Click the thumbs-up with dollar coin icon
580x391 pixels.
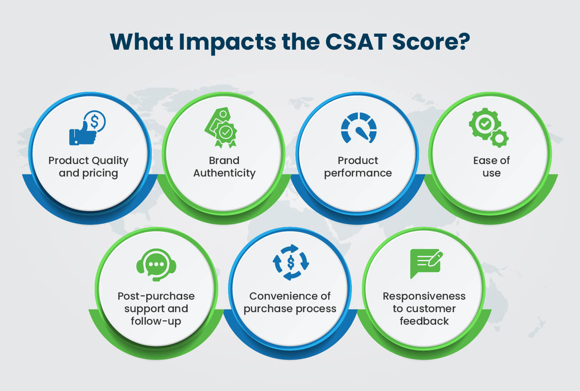click(x=87, y=128)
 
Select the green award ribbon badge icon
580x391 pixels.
click(x=221, y=128)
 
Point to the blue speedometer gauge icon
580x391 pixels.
click(x=359, y=128)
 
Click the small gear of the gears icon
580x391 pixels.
click(x=500, y=139)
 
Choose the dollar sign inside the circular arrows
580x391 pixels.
click(x=291, y=262)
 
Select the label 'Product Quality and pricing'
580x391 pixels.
click(x=88, y=167)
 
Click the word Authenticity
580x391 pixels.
click(x=224, y=173)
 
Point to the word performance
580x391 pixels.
click(x=358, y=173)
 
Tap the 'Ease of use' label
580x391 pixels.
click(x=492, y=166)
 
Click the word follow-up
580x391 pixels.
click(x=156, y=321)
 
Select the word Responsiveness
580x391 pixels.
click(x=424, y=296)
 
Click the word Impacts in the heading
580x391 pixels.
click(x=227, y=43)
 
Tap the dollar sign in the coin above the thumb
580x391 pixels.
click(x=95, y=121)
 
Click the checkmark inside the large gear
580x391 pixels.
click(x=485, y=124)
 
